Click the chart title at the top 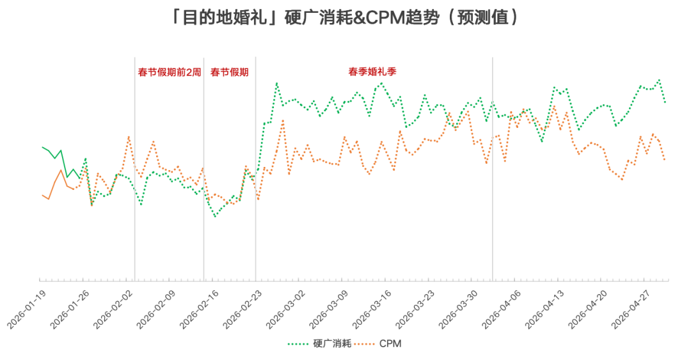pos(345,17)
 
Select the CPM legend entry pos(390,344)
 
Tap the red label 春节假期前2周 pos(170,72)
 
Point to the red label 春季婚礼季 pos(372,71)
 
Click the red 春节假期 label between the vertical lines pos(229,72)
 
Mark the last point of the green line pos(665,102)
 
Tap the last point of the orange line pos(665,160)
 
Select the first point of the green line pos(42,147)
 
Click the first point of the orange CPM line pos(42,195)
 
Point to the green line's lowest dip pos(215,216)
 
